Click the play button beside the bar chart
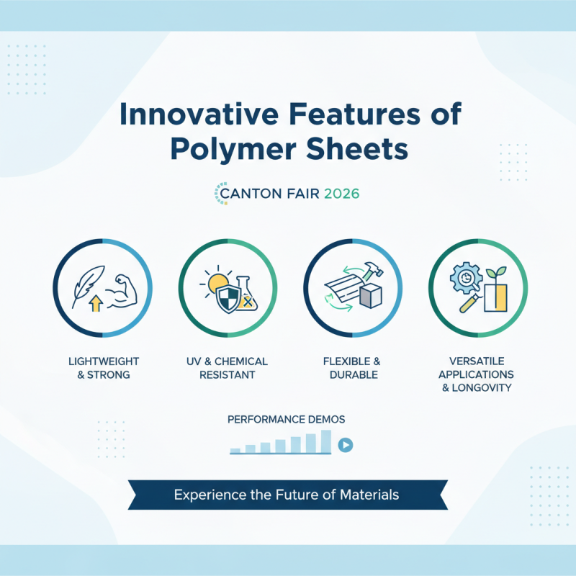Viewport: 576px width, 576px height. (346, 445)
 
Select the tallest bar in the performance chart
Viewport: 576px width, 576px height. (325, 441)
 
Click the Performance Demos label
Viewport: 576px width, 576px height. (286, 419)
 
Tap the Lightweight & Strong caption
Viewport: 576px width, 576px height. (102, 367)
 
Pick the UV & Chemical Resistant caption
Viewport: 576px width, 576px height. (227, 367)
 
